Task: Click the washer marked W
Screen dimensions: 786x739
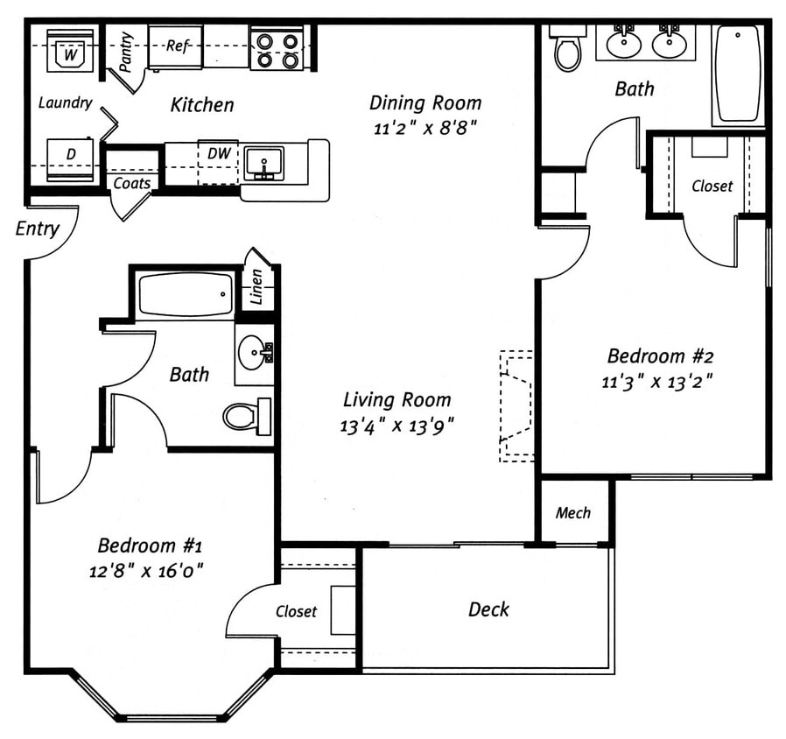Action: pyautogui.click(x=70, y=51)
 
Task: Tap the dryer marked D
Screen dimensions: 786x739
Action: pyautogui.click(x=70, y=159)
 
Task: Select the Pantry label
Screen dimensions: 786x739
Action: pyautogui.click(x=126, y=52)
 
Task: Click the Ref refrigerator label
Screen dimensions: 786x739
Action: pyautogui.click(x=177, y=46)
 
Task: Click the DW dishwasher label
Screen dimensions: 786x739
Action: pyautogui.click(x=219, y=153)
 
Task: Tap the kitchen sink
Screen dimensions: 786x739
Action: pyautogui.click(x=263, y=164)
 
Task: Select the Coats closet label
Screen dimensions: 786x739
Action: pyautogui.click(x=132, y=183)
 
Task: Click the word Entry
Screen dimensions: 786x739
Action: pyautogui.click(x=37, y=229)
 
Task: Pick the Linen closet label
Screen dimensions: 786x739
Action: pyautogui.click(x=256, y=287)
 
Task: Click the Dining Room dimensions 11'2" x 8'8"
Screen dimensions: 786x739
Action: pyautogui.click(x=425, y=129)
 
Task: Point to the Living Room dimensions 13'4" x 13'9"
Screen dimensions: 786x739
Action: pyautogui.click(x=397, y=426)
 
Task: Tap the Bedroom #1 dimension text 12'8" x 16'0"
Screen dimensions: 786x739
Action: pyautogui.click(x=147, y=571)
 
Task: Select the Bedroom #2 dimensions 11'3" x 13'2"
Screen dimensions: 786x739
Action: pyautogui.click(x=657, y=382)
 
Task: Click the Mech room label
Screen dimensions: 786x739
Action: pyautogui.click(x=573, y=513)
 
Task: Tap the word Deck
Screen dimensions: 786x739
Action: pyautogui.click(x=488, y=609)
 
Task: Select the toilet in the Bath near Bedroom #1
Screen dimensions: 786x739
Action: pyautogui.click(x=247, y=416)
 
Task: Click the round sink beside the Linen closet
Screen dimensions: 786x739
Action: pyautogui.click(x=255, y=353)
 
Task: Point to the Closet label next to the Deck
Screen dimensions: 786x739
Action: pyautogui.click(x=296, y=611)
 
